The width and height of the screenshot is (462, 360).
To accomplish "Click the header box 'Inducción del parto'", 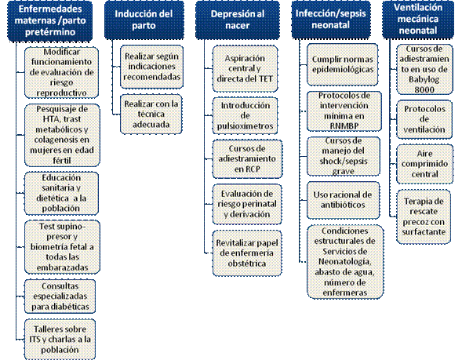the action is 144,20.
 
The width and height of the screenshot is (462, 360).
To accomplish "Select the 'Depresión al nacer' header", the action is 238,20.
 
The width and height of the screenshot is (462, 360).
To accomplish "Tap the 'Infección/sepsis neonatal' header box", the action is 331,20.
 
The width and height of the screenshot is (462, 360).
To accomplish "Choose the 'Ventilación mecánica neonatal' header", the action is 418,20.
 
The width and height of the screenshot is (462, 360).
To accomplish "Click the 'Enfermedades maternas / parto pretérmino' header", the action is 49,20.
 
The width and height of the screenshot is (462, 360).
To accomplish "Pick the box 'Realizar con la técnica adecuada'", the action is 151,114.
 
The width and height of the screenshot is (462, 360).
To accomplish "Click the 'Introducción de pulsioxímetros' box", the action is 246,116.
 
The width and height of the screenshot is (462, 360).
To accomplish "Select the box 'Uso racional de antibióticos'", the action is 343,200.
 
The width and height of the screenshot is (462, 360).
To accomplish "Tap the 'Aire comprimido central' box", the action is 424,164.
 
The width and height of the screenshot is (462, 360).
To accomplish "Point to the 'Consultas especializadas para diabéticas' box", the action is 60,296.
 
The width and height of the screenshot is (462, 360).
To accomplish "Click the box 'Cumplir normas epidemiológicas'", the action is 342,64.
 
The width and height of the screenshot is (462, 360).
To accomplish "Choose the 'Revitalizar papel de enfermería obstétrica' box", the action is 247,253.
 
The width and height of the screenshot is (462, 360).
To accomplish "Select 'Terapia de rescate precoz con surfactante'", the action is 424,216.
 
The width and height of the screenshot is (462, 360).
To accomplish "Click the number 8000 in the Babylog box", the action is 424,89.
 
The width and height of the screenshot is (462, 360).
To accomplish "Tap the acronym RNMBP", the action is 344,126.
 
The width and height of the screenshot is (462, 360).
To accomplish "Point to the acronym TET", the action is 266,78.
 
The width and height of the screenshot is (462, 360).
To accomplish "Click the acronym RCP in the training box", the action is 253,169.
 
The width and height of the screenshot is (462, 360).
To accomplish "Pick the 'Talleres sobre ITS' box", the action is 60,340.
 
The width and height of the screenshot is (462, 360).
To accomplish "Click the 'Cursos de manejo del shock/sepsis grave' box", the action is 344,156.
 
